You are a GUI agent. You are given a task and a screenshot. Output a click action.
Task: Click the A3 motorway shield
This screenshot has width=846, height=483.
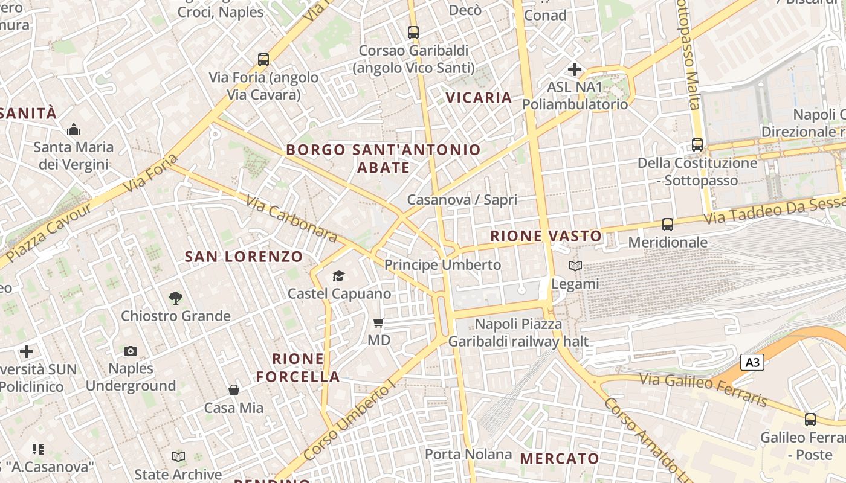click(x=752, y=362)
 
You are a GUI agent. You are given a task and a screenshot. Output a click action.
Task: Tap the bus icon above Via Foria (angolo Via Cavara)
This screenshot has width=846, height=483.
click(x=263, y=59)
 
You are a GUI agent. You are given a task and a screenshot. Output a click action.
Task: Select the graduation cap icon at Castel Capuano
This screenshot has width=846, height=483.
click(x=339, y=276)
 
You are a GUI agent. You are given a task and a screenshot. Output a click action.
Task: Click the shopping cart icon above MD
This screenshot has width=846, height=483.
click(x=379, y=322)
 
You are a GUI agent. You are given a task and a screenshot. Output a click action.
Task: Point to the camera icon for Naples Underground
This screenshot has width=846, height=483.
click(x=131, y=351)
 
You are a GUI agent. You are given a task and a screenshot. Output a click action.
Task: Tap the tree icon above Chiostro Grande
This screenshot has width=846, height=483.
click(x=176, y=298)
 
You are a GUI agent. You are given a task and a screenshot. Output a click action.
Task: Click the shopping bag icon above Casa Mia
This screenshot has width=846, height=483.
click(x=234, y=390)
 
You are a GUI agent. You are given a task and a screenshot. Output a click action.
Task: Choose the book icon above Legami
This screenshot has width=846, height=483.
click(x=575, y=266)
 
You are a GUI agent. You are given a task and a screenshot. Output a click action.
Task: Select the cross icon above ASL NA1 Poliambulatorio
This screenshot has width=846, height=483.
click(x=575, y=69)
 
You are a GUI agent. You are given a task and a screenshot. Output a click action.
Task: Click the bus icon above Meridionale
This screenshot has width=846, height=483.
click(x=668, y=225)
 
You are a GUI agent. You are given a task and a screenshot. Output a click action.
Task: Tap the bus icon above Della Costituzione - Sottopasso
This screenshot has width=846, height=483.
click(x=697, y=145)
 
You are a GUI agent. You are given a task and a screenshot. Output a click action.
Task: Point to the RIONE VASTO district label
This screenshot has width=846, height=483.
click(x=546, y=236)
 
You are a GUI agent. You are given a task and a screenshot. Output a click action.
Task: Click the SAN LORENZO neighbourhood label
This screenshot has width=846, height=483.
click(x=244, y=257)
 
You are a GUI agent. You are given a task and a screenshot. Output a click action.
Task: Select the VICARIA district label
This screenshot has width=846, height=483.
click(x=479, y=97)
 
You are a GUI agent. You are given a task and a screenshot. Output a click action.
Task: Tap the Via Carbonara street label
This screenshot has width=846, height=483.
click(x=291, y=217)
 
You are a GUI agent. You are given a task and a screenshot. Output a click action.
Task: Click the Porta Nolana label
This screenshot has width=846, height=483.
click(x=468, y=454)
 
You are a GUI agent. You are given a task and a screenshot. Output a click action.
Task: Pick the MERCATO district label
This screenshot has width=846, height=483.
click(x=560, y=458)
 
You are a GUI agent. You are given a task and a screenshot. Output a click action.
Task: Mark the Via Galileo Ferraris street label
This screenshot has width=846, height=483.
click(x=703, y=389)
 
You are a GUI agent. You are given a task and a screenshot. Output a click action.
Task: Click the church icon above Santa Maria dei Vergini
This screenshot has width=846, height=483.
click(x=74, y=129)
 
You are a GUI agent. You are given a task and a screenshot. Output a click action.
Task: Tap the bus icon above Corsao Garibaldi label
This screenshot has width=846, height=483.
click(x=413, y=32)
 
